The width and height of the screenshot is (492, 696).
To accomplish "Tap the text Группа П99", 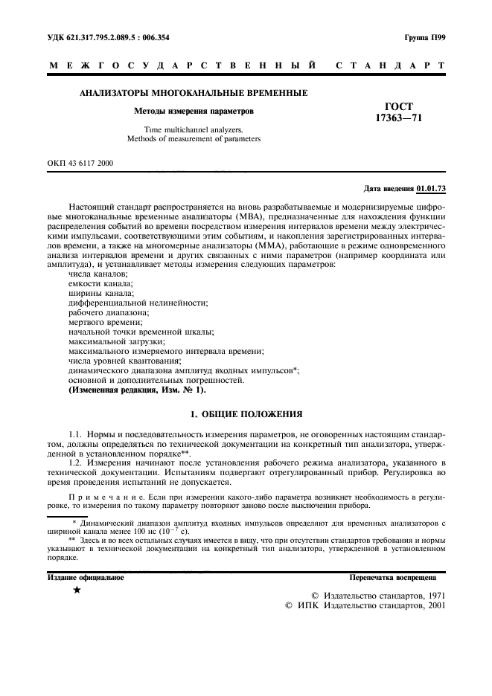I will [x=425, y=36].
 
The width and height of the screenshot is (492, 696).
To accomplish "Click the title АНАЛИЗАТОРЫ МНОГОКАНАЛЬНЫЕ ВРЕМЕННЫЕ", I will [x=194, y=93].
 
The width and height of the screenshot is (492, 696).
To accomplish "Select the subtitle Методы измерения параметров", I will [x=194, y=111].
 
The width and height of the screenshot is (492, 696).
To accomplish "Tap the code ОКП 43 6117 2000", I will [x=80, y=161].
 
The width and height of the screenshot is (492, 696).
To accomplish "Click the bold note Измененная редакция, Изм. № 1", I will [x=138, y=390].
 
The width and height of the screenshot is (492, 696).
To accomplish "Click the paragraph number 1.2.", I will [x=76, y=460].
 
